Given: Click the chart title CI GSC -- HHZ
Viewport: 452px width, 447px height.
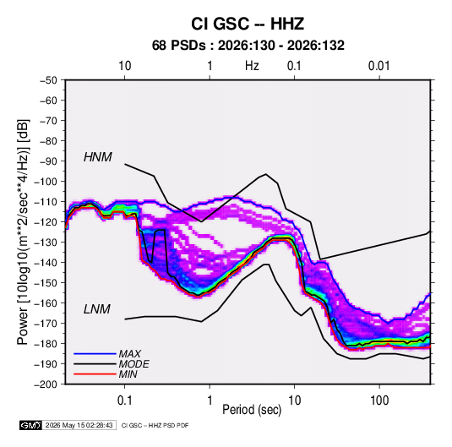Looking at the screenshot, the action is pos(248,24).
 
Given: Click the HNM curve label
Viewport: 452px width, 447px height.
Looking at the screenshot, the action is pos(98,157).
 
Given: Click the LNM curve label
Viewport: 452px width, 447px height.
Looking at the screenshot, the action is pos(97,309).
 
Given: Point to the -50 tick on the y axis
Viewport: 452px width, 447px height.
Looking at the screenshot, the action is pos(48,80).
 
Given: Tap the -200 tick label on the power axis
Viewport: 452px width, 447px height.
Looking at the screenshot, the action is pos(46,384).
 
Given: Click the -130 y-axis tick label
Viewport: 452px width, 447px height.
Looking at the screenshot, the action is pos(46,243).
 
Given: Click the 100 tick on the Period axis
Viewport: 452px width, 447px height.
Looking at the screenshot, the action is pos(379,401).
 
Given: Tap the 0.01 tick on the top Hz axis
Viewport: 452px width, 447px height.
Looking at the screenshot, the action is pos(379,66).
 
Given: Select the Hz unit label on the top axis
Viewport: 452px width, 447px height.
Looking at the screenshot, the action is pos(252,66).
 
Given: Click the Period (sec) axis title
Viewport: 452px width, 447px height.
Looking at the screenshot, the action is pos(252,410).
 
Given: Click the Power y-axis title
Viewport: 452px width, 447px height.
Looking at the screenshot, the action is pos(23,232).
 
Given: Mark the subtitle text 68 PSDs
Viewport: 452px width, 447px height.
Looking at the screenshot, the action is pos(179,46).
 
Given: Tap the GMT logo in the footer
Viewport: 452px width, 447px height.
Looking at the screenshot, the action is pos(31,425).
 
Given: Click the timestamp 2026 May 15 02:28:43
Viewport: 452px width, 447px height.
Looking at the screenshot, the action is pos(79,425).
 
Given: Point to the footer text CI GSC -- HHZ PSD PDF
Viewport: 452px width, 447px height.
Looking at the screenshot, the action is pos(155,425).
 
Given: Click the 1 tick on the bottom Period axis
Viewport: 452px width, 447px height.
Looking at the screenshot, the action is pos(210,401).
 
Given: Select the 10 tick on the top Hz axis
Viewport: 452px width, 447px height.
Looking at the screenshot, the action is pos(125,66).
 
